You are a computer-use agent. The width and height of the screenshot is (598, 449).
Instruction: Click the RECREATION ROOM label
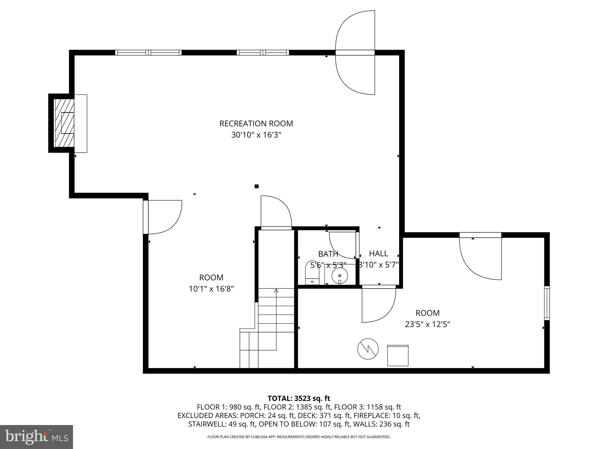(256, 124)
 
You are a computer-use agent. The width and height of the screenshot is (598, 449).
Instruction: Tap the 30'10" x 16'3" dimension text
(256, 135)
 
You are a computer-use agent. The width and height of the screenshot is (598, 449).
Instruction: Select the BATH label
(328, 254)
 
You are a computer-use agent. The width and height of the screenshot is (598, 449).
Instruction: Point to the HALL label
(378, 253)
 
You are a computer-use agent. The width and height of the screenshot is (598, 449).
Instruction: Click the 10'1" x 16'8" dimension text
(211, 289)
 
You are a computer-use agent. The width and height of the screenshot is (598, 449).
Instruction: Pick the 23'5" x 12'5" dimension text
(427, 324)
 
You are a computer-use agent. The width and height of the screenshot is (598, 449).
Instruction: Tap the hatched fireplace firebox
(65, 123)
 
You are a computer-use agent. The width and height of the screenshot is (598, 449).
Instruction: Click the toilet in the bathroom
(312, 273)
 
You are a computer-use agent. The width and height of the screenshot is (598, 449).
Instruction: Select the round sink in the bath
(340, 276)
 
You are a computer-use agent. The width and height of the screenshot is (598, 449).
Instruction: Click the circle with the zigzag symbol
(368, 349)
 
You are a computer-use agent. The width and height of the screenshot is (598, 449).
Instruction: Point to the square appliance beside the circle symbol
(398, 355)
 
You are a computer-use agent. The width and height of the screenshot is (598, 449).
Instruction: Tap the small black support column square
(257, 186)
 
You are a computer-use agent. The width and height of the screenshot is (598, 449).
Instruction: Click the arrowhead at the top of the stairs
(276, 291)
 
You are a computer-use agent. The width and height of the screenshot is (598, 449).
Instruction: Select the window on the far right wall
(547, 303)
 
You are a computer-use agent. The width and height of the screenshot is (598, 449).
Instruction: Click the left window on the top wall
(148, 53)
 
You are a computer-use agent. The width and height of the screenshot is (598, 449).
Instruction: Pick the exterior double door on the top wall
(355, 53)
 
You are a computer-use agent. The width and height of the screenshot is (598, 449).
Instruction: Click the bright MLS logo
(36, 437)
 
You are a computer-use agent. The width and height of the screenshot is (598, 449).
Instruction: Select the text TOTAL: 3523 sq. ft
(299, 398)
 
